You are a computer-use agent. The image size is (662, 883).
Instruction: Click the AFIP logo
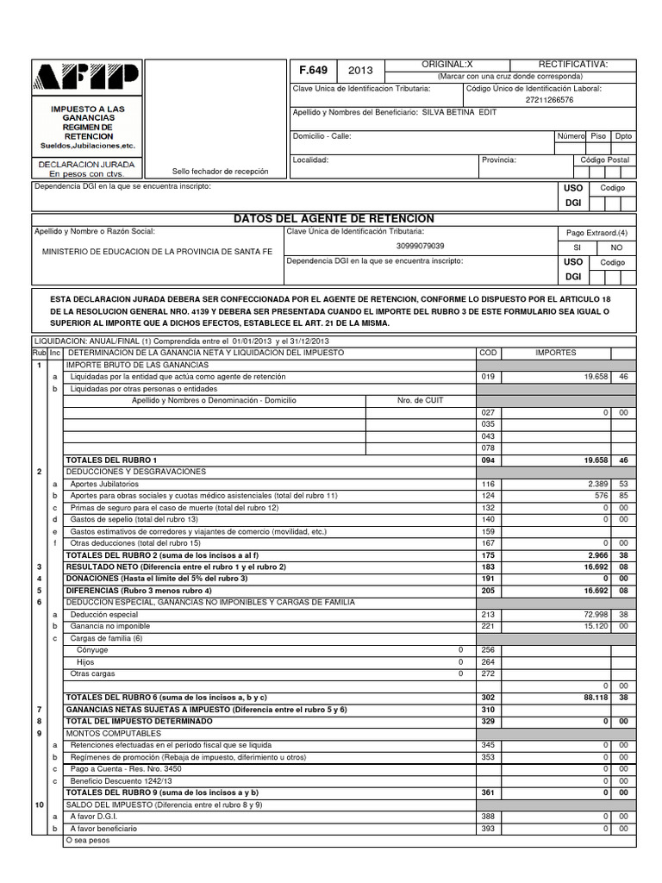pyautogui.click(x=84, y=80)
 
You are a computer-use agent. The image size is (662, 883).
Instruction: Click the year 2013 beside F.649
pyautogui.click(x=361, y=71)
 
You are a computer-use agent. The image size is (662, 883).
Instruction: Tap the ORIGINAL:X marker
pyautogui.click(x=447, y=65)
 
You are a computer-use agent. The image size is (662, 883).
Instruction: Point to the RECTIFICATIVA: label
pyautogui.click(x=573, y=65)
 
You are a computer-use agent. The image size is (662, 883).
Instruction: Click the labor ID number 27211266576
pyautogui.click(x=549, y=100)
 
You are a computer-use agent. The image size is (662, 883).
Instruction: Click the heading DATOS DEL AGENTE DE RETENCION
pyautogui.click(x=334, y=219)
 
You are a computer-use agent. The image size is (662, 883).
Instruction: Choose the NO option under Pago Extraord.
pyautogui.click(x=615, y=247)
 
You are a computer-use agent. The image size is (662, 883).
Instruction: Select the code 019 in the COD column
pyautogui.click(x=489, y=377)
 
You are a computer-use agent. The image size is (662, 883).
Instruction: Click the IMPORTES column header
pyautogui.click(x=556, y=353)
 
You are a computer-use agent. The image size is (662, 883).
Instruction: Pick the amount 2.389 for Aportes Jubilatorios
pyautogui.click(x=597, y=485)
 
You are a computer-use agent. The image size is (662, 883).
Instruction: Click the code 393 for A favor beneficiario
pyautogui.click(x=489, y=828)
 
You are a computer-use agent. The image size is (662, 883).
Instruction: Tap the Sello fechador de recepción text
pyautogui.click(x=220, y=172)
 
